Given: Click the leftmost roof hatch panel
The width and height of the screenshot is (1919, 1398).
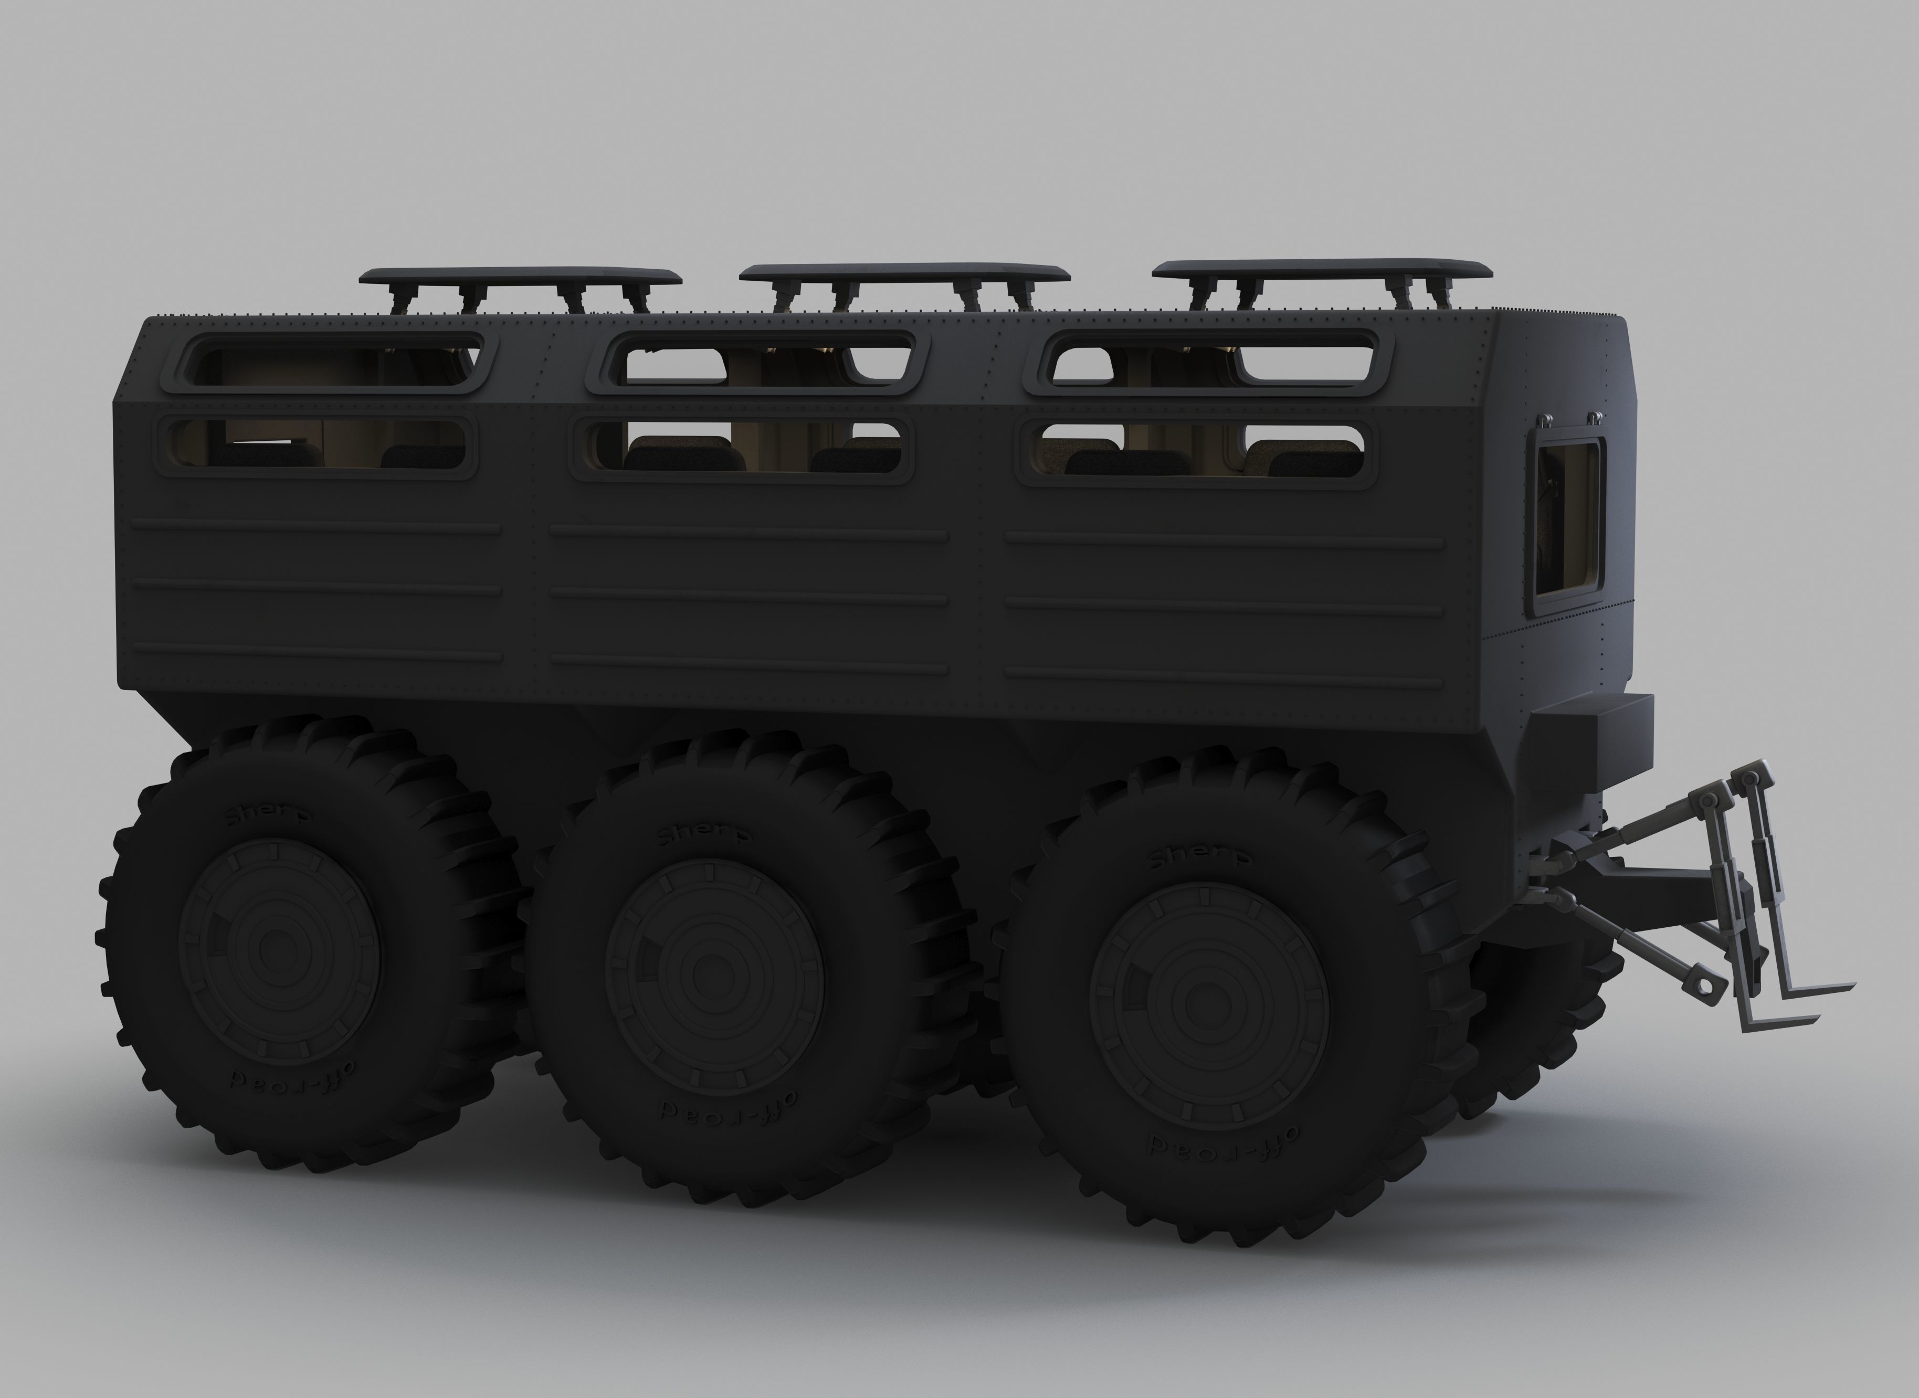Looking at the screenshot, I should click(520, 276).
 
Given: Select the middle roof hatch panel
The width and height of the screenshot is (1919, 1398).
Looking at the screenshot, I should click(903, 272).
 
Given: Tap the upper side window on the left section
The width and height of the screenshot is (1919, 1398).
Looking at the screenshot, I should click(333, 362).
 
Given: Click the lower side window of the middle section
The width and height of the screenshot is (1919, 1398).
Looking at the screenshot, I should click(742, 449).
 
